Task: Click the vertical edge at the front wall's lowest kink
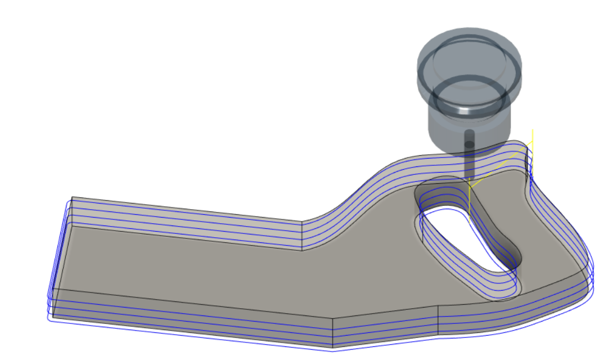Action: (x=334, y=332)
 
